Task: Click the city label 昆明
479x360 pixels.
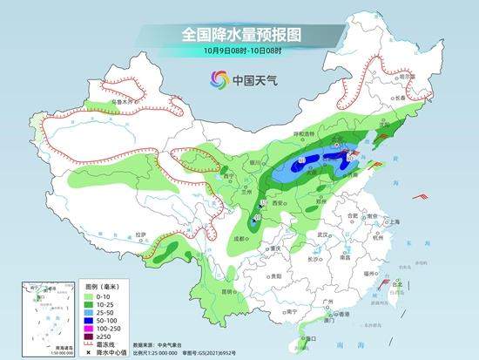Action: pos(228,290)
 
